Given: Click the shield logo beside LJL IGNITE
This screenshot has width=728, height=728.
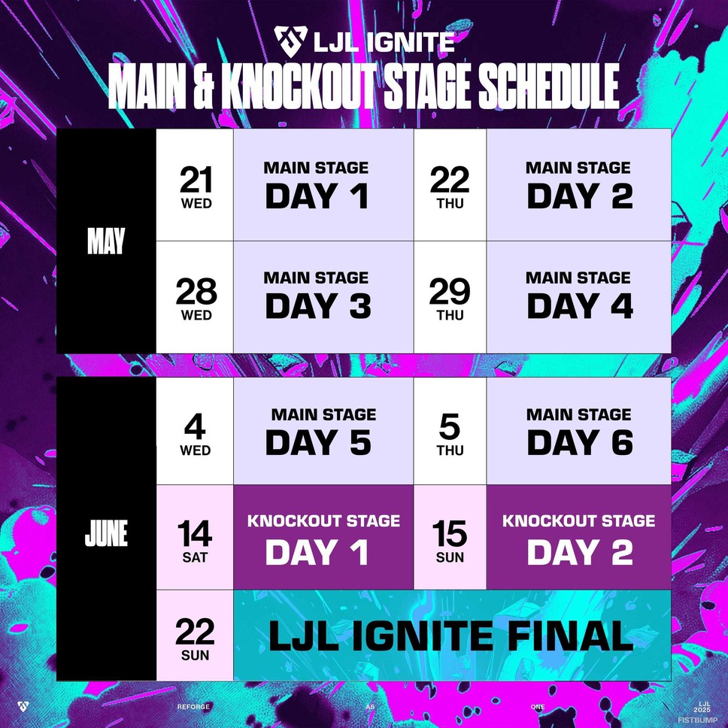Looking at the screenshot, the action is [290, 41].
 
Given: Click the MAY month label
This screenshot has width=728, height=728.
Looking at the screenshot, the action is [106, 241].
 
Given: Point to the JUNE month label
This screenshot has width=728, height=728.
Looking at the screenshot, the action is [106, 533].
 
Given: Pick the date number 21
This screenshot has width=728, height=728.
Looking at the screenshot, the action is [196, 180].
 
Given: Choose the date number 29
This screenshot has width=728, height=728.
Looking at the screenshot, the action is [450, 292].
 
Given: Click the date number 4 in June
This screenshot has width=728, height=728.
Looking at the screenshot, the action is [195, 426].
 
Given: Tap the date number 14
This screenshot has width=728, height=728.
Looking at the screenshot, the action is [195, 533].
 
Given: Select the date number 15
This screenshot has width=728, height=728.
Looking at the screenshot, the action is [450, 533].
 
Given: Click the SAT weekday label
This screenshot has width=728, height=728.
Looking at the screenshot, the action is [195, 557].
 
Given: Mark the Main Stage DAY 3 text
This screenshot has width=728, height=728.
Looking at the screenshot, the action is [319, 306].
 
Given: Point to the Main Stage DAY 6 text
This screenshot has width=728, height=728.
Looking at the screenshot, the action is [580, 441].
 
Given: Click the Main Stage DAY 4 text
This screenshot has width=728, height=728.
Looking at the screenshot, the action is [580, 306].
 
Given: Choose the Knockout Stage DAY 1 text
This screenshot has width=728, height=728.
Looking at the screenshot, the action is [317, 551].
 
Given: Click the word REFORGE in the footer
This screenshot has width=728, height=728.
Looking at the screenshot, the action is [193, 707].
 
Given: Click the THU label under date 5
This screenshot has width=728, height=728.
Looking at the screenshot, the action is [450, 450].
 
